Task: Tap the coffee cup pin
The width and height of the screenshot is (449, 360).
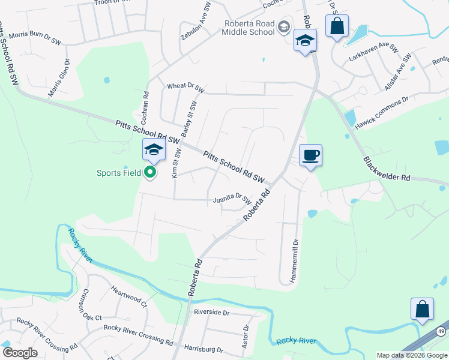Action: pyautogui.click(x=310, y=156)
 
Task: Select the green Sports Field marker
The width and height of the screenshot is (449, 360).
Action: pyautogui.click(x=150, y=173)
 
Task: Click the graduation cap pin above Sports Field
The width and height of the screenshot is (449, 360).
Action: pyautogui.click(x=153, y=150)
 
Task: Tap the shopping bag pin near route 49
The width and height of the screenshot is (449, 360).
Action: pyautogui.click(x=422, y=309)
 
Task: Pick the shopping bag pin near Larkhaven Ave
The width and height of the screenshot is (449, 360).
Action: pyautogui.click(x=337, y=27)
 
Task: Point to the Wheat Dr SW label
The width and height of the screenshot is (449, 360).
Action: pyautogui.click(x=186, y=88)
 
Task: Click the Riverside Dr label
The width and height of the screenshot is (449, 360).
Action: pyautogui.click(x=211, y=313)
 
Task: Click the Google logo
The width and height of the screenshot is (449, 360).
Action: pyautogui.click(x=20, y=353)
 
